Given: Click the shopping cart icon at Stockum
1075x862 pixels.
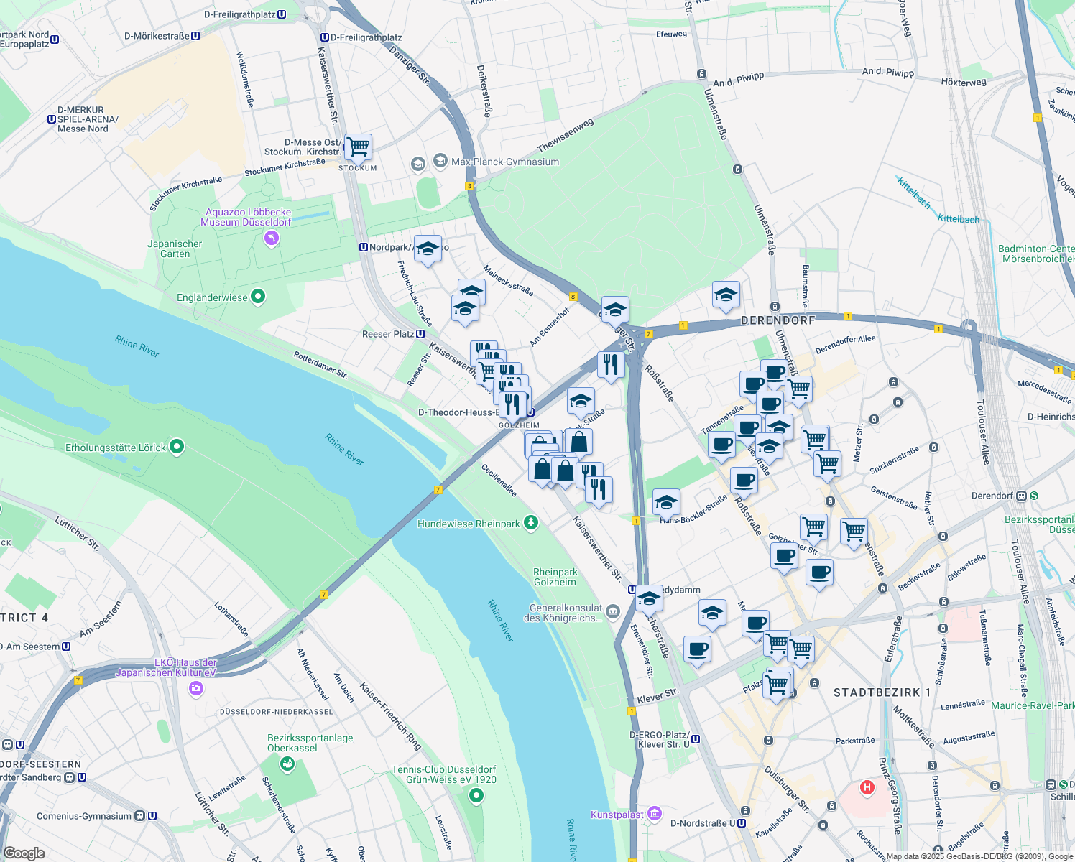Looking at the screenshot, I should point(358,147).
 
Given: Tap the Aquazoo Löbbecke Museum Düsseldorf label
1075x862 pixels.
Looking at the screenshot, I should point(247,217).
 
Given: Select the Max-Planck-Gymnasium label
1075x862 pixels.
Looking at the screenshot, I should point(504,162).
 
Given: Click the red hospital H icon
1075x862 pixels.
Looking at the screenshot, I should point(867,787).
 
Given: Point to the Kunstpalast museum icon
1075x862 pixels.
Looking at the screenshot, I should point(654,814).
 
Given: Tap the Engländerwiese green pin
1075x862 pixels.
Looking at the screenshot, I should point(258,297).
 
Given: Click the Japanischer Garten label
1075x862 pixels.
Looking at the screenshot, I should point(175,249).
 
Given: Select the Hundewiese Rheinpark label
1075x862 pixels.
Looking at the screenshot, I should point(468,524).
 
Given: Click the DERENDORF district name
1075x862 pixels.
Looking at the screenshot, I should point(778,320).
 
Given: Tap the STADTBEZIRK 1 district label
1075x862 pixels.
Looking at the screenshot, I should point(881,692).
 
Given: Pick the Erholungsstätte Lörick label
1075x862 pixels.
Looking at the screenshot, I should point(116,448).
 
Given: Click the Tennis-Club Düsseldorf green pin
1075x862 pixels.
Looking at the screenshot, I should point(476,795).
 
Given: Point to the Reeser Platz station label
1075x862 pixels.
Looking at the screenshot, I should point(388,334).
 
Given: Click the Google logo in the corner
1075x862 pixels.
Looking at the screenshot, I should point(24,853).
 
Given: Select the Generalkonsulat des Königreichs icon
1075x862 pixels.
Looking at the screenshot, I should point(612,611).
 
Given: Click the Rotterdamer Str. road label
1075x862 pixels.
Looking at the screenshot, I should point(320,365).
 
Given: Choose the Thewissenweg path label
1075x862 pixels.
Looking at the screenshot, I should point(566,135).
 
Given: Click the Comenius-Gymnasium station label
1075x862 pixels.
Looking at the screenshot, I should point(84,816).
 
